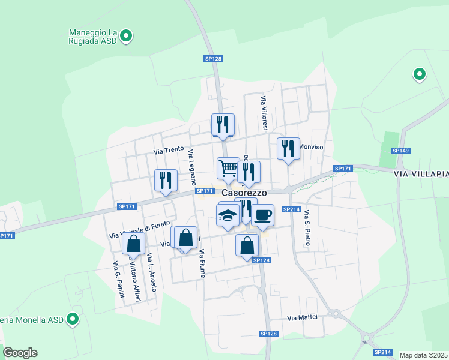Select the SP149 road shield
tap(400, 151)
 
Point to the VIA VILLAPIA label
tap(421, 173)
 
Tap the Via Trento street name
tap(168, 151)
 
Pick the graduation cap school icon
tap(228, 214)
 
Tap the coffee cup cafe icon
tap(262, 214)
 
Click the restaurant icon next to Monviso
tap(288, 148)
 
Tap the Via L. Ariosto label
tap(152, 273)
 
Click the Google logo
tap(20, 353)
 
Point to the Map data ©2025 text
tap(423, 355)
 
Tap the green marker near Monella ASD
tap(73, 319)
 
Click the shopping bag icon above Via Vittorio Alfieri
tap(133, 244)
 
